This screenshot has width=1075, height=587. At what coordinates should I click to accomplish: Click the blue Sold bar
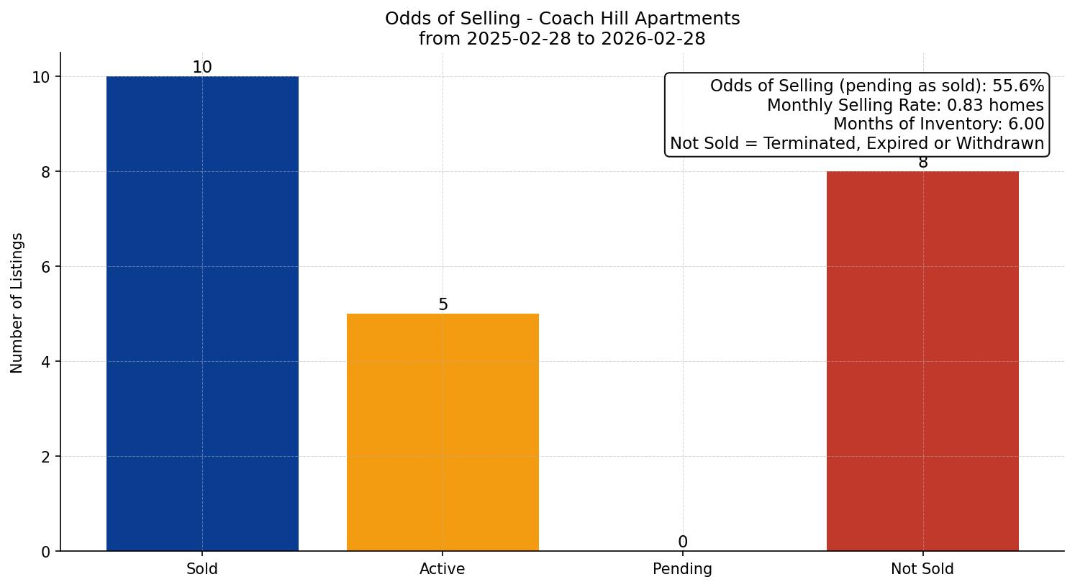click(x=202, y=313)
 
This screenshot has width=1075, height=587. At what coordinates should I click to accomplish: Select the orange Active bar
click(x=443, y=432)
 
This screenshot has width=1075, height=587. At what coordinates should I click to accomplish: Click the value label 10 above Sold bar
click(x=202, y=68)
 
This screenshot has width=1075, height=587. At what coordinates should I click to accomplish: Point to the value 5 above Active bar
click(x=443, y=305)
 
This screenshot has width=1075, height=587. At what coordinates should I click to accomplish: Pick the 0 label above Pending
click(x=683, y=542)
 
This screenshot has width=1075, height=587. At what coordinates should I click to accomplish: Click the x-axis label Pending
click(x=682, y=569)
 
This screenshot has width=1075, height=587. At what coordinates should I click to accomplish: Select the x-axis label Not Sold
click(x=922, y=569)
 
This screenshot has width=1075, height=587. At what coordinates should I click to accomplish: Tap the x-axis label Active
click(x=443, y=569)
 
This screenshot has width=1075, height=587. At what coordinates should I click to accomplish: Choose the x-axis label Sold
click(x=202, y=569)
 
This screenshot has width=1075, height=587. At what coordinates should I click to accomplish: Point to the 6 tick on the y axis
click(x=45, y=267)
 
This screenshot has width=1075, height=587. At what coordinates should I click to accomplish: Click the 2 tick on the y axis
click(x=45, y=457)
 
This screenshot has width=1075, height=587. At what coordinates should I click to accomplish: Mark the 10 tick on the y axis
click(x=42, y=77)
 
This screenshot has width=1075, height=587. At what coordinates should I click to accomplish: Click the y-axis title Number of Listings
click(x=17, y=303)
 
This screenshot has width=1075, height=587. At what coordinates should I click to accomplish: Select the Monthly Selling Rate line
click(x=905, y=106)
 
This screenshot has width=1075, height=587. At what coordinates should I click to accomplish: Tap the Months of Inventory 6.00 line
click(x=938, y=124)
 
